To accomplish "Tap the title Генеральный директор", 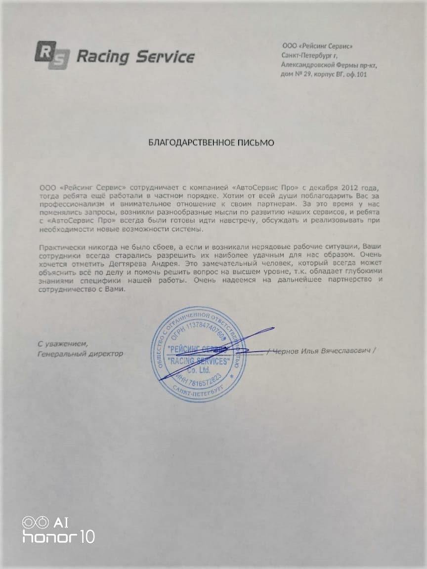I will (x=80, y=354).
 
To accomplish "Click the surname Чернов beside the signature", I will (x=288, y=351).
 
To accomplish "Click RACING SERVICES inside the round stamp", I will (x=199, y=362).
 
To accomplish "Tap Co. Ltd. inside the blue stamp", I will (x=199, y=370).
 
